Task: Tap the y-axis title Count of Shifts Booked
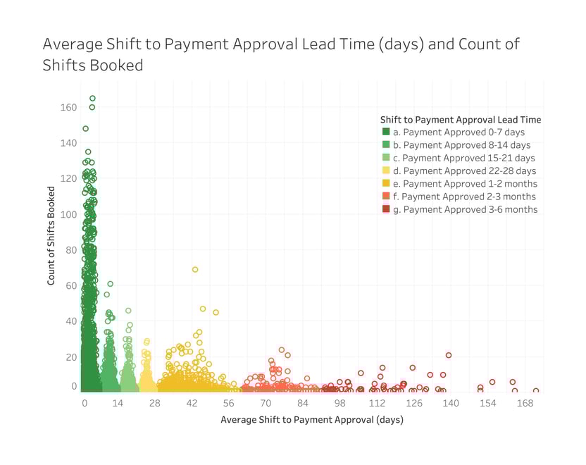click(x=51, y=236)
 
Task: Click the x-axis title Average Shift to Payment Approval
click(x=312, y=420)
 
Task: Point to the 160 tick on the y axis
click(x=68, y=108)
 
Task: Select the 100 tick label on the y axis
click(x=68, y=215)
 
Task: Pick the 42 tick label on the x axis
click(x=191, y=403)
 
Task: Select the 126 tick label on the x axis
click(x=413, y=403)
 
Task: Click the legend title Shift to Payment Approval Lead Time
click(x=461, y=118)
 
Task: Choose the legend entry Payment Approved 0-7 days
click(x=459, y=132)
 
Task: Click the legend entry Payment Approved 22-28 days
click(x=464, y=170)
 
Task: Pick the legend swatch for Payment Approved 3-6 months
click(x=386, y=209)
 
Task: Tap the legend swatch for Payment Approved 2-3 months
click(x=386, y=197)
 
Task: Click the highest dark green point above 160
click(x=92, y=99)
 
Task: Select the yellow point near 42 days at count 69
click(x=195, y=269)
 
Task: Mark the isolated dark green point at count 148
click(x=85, y=129)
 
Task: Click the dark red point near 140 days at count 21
click(x=449, y=355)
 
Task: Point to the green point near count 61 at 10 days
click(x=111, y=284)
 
